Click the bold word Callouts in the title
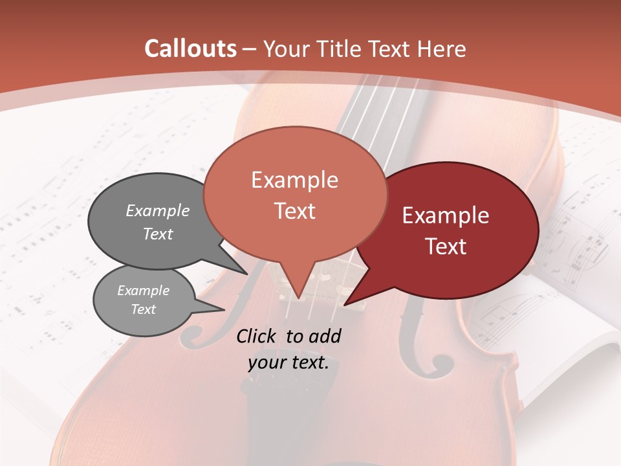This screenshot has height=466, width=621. pyautogui.click(x=190, y=49)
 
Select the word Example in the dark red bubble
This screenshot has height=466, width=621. pyautogui.click(x=446, y=216)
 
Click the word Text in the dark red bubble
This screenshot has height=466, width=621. pyautogui.click(x=446, y=247)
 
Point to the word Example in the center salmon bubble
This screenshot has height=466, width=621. pyautogui.click(x=294, y=180)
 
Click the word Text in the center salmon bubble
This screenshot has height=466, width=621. pyautogui.click(x=294, y=211)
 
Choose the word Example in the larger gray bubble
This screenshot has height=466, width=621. pyautogui.click(x=158, y=210)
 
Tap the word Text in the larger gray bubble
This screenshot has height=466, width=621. pyautogui.click(x=158, y=234)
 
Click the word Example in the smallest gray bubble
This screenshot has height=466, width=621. pyautogui.click(x=143, y=291)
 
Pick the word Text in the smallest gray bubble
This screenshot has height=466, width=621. pyautogui.click(x=143, y=309)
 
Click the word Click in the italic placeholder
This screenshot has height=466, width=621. pyautogui.click(x=257, y=336)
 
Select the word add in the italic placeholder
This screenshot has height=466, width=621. pyautogui.click(x=325, y=336)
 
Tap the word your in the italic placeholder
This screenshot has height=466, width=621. pyautogui.click(x=265, y=362)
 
